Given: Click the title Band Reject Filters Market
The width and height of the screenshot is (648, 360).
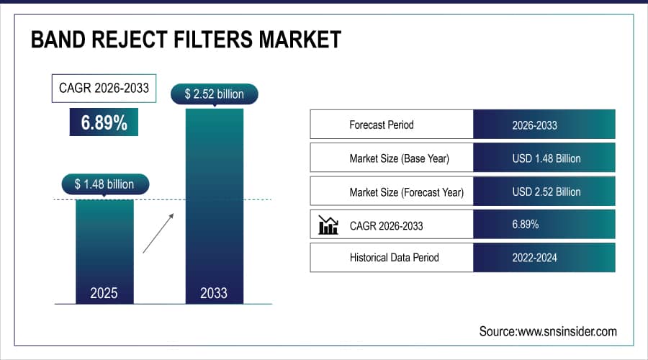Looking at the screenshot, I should [x=185, y=39].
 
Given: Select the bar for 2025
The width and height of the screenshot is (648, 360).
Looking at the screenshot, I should [x=104, y=245].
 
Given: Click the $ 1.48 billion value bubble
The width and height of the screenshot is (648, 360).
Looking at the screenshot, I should [x=104, y=184].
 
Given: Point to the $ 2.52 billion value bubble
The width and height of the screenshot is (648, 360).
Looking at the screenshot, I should [x=214, y=94].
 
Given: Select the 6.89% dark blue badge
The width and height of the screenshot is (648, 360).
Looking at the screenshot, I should [x=104, y=122].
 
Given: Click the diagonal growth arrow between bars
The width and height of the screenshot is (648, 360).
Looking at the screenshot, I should [x=158, y=233].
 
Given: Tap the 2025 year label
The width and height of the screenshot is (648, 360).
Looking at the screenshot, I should [x=104, y=293].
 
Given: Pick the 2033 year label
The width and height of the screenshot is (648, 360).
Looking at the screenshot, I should [x=214, y=293].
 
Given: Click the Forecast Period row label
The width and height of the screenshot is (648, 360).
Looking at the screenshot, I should [x=382, y=125].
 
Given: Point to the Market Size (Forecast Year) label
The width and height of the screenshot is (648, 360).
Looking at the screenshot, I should [x=406, y=192].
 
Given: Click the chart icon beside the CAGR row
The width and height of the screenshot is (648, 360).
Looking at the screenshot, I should [x=328, y=225].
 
